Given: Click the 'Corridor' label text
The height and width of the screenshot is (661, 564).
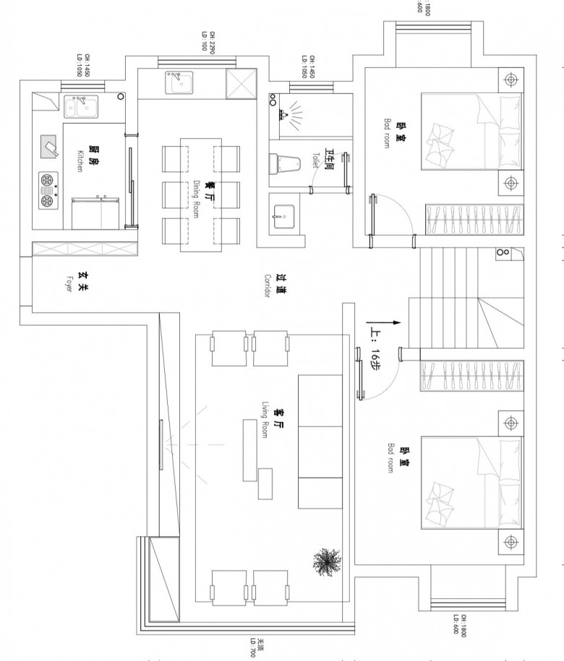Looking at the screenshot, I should point(267,286).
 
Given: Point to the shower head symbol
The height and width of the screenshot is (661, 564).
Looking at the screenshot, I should point(283,113).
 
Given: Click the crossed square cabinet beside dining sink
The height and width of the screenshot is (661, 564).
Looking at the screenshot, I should point(241,84).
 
